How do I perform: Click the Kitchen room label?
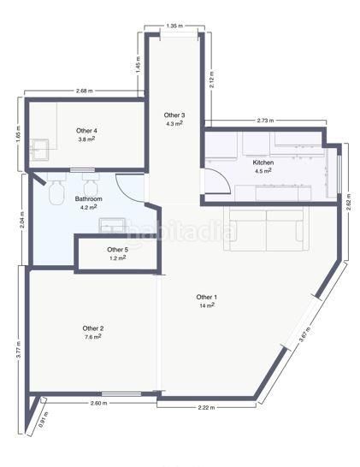pyautogui.click(x=263, y=163)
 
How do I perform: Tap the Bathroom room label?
pyautogui.click(x=88, y=198)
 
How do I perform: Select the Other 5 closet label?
pyautogui.click(x=117, y=250)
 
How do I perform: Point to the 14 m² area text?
pyautogui.click(x=207, y=305)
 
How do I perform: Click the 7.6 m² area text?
pyautogui.click(x=92, y=337)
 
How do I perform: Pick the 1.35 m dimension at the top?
pyautogui.click(x=174, y=26)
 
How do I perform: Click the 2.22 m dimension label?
pyautogui.click(x=206, y=408)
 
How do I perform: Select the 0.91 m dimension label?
pyautogui.click(x=44, y=420)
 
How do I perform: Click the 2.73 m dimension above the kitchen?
pyautogui.click(x=265, y=121)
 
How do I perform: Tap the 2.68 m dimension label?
pyautogui.click(x=85, y=92)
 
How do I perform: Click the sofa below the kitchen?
pyautogui.click(x=266, y=228)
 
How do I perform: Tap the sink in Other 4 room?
pyautogui.click(x=40, y=150)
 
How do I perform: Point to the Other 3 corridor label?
pyautogui.click(x=174, y=115)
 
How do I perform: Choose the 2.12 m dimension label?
pyautogui.click(x=212, y=80)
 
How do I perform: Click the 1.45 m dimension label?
pyautogui.click(x=139, y=64)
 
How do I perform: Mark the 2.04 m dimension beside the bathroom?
pyautogui.click(x=21, y=220)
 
